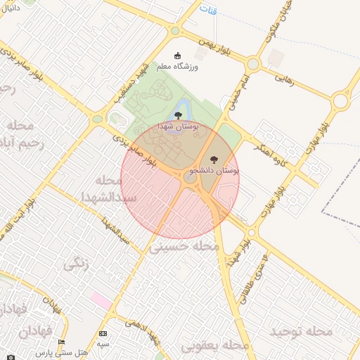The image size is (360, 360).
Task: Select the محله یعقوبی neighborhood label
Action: click(x=215, y=346)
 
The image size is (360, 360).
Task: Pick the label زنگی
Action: click(x=77, y=265)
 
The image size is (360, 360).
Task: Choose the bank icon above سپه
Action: click(x=103, y=333)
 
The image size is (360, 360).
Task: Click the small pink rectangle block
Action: click(x=101, y=301)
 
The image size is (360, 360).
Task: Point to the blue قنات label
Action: click(x=208, y=11)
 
